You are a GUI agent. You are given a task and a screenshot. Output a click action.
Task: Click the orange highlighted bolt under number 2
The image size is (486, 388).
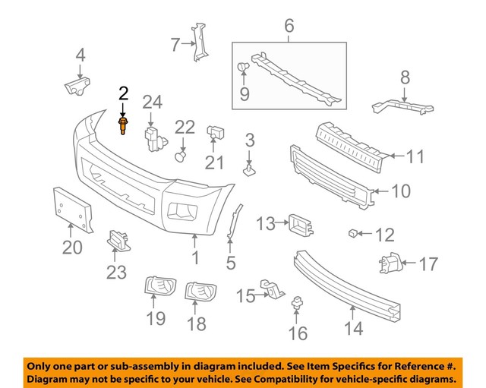tap(122, 125)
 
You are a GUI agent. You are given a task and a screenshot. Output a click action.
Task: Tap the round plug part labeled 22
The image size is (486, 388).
tap(181, 157)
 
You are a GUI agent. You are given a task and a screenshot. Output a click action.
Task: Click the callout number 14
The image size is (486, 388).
tap(353, 328)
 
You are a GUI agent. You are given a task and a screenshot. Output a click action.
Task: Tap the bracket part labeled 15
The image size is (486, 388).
tap(271, 289)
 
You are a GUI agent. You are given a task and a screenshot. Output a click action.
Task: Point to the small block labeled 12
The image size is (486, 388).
tap(353, 232)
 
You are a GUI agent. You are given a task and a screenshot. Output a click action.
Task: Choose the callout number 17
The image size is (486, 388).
tap(428, 264)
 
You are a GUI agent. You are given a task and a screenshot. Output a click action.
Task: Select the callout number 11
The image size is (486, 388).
tap(415, 157)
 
